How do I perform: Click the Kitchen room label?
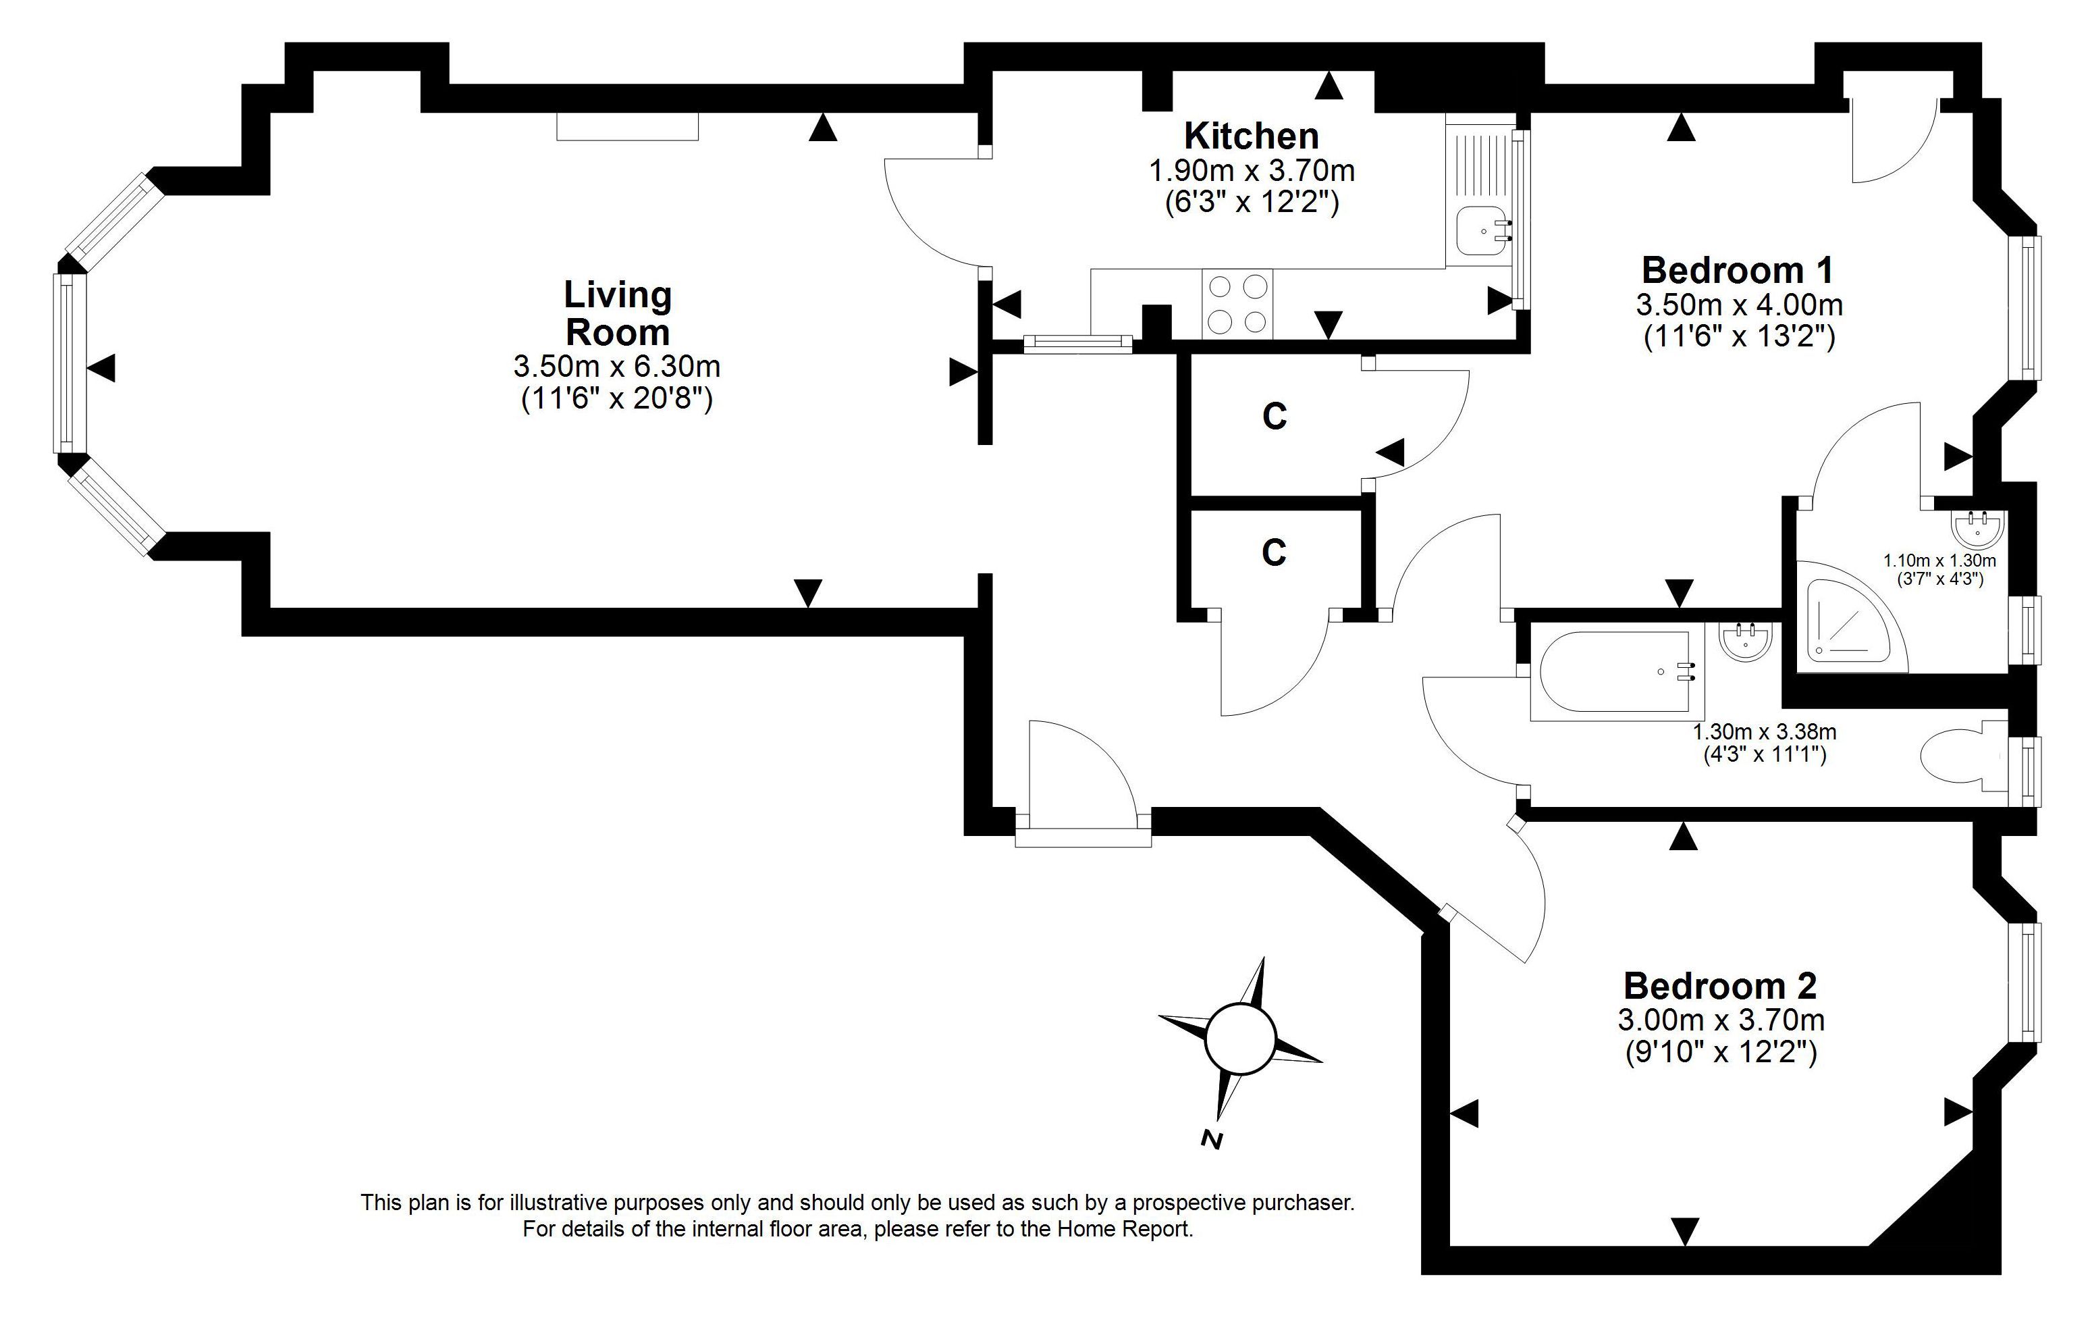(x=1252, y=136)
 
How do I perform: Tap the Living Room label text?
(x=618, y=313)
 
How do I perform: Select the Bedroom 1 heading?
(x=1738, y=270)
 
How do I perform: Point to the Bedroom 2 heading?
(x=1720, y=986)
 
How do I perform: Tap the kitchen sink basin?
(x=1484, y=231)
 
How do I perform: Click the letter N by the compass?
(x=1212, y=1139)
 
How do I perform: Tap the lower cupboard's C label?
(x=1273, y=553)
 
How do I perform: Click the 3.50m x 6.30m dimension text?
(x=617, y=365)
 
